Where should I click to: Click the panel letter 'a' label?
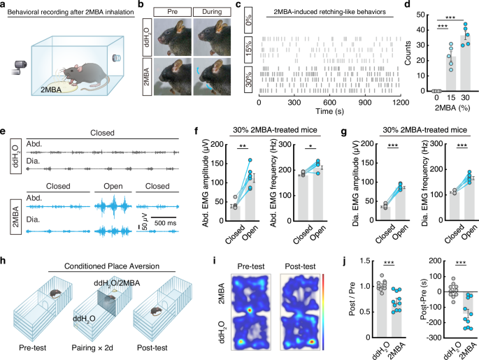3,5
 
